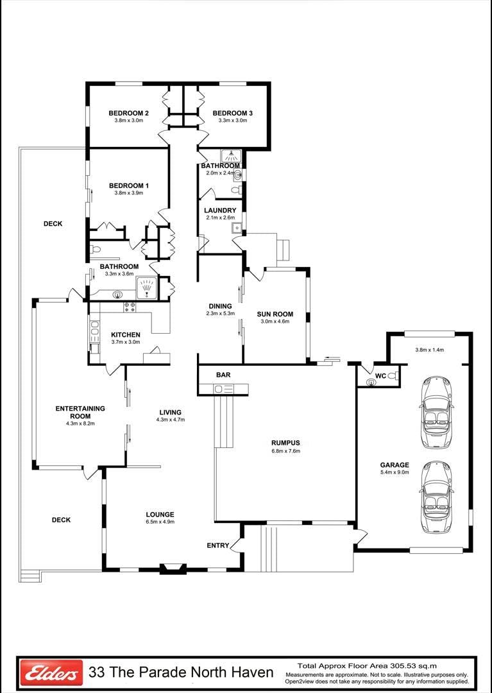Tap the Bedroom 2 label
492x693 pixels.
[x=128, y=113]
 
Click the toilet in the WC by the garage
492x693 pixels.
[x=391, y=375]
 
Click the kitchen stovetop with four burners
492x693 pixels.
[x=130, y=307]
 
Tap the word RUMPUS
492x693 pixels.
[x=285, y=443]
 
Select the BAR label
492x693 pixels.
[x=223, y=375]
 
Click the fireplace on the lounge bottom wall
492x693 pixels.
[x=173, y=568]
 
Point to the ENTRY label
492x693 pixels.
[x=218, y=545]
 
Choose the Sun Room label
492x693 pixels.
[x=275, y=314]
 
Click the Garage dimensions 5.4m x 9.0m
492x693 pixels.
[x=394, y=472]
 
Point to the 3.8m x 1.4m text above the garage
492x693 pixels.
[x=429, y=350]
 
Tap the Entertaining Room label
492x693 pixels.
[x=80, y=412]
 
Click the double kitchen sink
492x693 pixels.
[x=94, y=328]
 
